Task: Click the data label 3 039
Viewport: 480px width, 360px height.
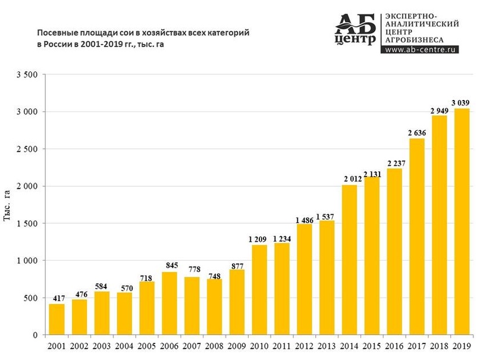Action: point(460,103)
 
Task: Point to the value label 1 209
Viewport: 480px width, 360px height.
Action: point(259,239)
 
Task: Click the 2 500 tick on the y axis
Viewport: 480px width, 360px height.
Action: point(27,149)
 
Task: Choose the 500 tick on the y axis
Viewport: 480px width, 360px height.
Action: point(32,298)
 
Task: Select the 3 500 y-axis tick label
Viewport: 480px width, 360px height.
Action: point(27,75)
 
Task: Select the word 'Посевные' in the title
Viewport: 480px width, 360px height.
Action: point(57,33)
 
